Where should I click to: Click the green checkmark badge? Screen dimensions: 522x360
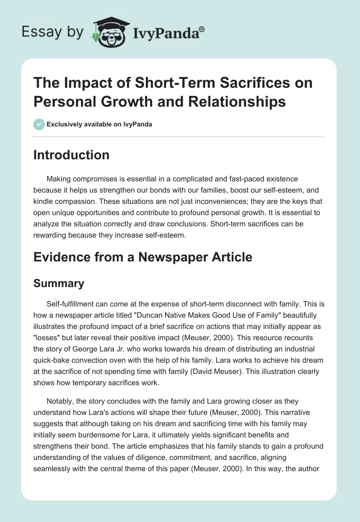pyautogui.click(x=39, y=124)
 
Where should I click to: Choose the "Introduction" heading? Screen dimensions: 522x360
pyautogui.click(x=72, y=155)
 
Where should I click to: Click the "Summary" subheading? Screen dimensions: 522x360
pyautogui.click(x=59, y=283)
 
